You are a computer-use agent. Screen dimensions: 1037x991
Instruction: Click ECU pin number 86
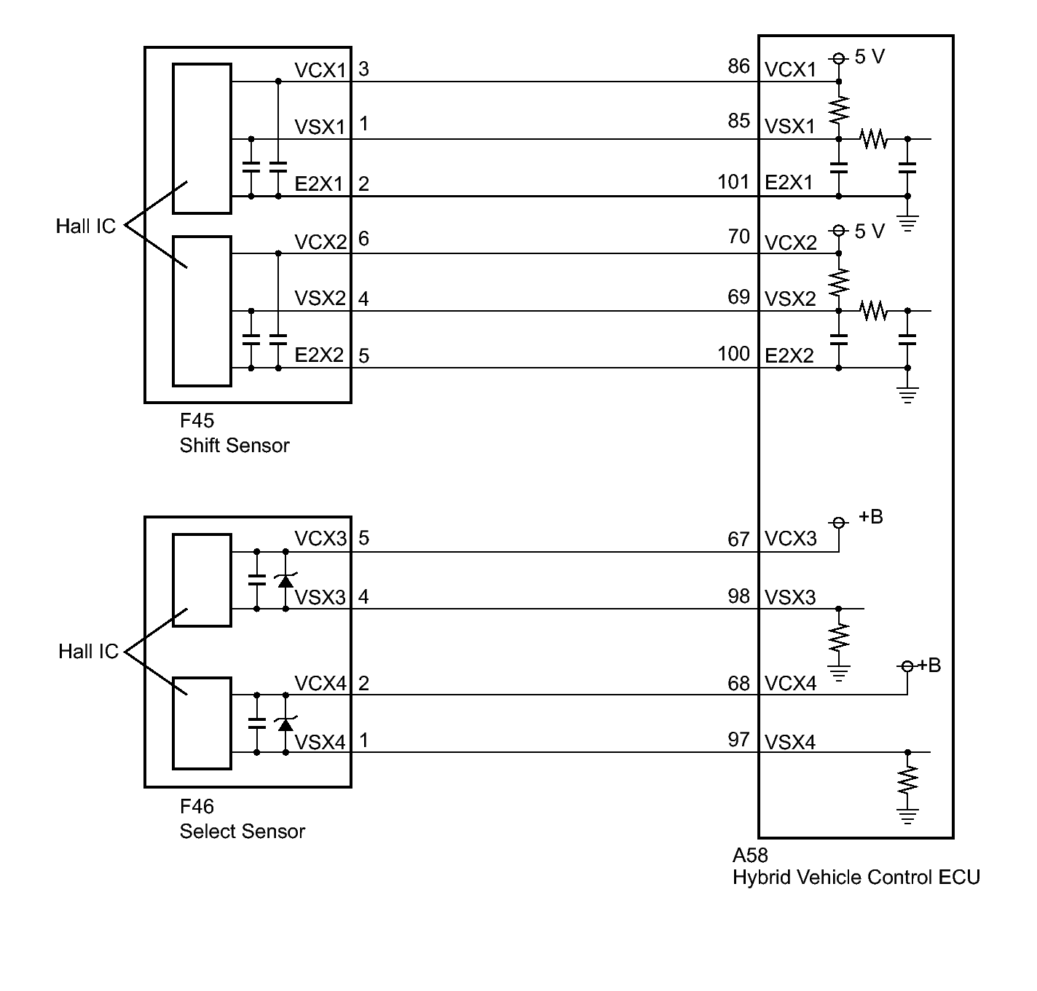(x=738, y=66)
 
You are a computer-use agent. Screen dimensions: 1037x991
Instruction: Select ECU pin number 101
(x=733, y=182)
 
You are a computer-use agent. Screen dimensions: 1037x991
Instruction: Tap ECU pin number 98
(x=738, y=596)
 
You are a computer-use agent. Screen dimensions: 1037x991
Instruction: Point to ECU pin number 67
(x=738, y=540)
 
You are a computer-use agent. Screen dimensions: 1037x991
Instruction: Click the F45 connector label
(x=197, y=421)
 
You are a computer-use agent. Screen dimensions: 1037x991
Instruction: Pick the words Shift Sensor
(x=234, y=446)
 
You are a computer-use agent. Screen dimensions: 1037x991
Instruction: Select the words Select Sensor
(x=242, y=831)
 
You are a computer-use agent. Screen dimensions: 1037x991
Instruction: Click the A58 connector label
(x=750, y=855)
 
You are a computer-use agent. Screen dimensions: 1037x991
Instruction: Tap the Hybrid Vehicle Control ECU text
(x=856, y=877)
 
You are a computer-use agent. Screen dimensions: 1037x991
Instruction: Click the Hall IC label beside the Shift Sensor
(x=85, y=226)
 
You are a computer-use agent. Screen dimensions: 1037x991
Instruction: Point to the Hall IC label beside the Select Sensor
(x=88, y=651)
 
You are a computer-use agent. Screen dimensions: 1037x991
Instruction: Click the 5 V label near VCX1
(x=869, y=57)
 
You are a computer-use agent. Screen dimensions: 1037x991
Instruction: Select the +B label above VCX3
(x=871, y=516)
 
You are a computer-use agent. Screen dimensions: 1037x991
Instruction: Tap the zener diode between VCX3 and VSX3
(x=285, y=580)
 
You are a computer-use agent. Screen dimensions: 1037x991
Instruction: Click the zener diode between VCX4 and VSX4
(x=285, y=724)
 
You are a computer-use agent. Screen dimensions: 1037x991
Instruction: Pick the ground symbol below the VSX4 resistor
(x=907, y=816)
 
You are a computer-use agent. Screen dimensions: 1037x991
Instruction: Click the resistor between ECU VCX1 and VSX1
(x=839, y=110)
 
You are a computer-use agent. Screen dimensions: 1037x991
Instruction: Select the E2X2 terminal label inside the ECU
(x=789, y=355)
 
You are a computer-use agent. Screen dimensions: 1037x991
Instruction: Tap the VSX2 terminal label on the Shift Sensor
(x=320, y=298)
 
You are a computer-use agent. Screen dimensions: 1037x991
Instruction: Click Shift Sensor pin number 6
(x=363, y=239)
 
